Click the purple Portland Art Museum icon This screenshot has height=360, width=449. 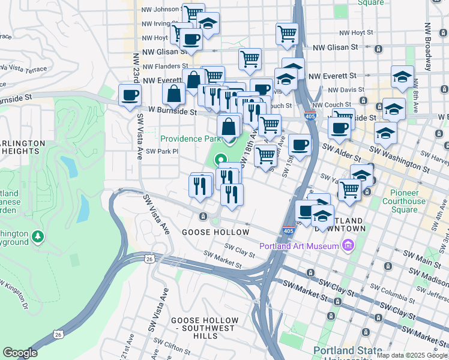(x=348, y=245)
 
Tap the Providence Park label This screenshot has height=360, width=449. (x=187, y=139)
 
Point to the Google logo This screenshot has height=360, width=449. (x=20, y=353)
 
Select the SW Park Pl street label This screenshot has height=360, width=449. (x=164, y=152)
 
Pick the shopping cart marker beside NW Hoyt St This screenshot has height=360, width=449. (x=288, y=34)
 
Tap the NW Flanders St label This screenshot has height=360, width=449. (x=164, y=67)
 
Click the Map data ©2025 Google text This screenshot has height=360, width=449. (x=411, y=355)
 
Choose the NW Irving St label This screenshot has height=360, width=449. (x=157, y=24)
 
